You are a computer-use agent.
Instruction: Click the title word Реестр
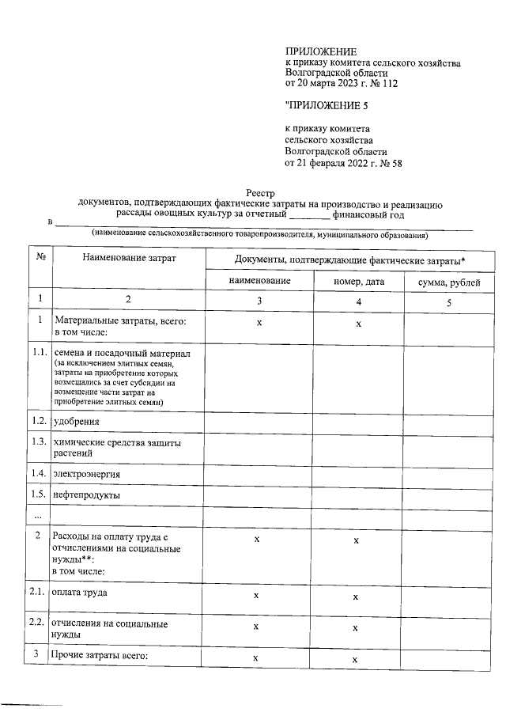point(261,193)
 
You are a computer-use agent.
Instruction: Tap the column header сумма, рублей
point(448,282)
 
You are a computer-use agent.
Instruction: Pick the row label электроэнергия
point(87,473)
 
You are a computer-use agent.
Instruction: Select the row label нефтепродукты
point(86,494)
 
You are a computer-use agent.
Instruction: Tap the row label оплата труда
point(80,592)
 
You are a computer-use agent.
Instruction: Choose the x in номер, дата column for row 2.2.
point(356,627)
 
